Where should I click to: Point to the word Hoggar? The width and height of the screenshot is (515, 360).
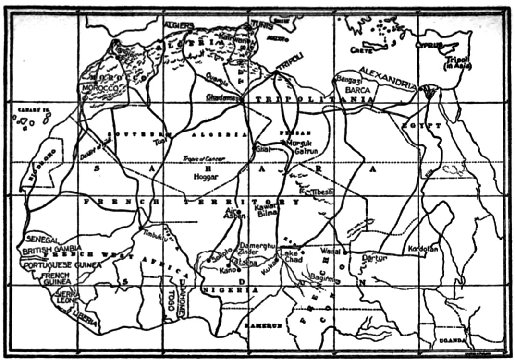click(x=206, y=177)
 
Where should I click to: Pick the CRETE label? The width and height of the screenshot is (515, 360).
click(x=361, y=49)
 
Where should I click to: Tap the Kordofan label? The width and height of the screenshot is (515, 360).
click(x=423, y=249)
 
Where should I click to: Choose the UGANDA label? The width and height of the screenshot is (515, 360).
click(x=452, y=341)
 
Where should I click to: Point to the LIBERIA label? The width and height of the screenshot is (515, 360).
click(x=86, y=317)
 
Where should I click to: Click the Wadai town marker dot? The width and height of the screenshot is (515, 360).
click(x=344, y=252)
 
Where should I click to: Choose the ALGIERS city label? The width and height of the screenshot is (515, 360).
click(x=179, y=25)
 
